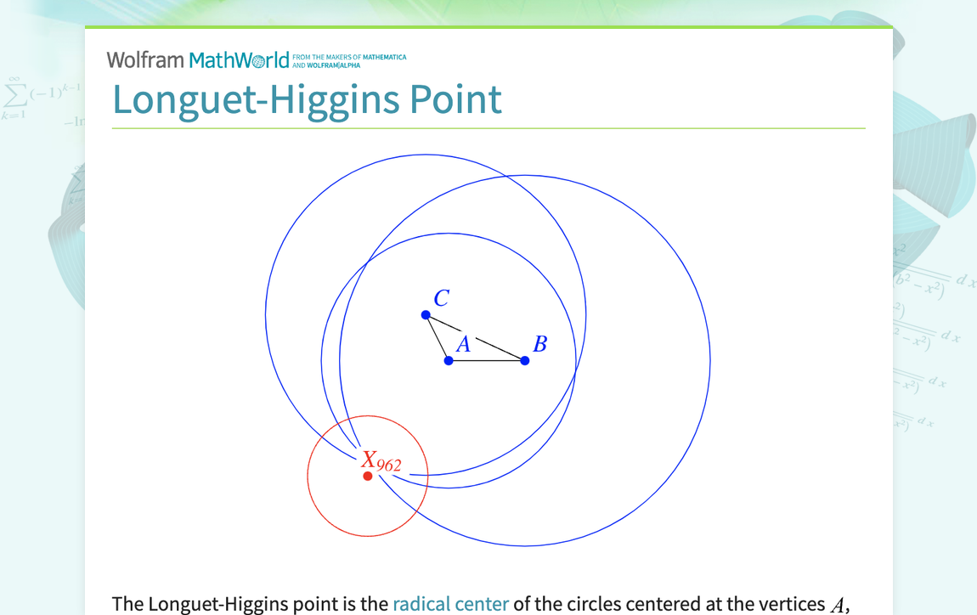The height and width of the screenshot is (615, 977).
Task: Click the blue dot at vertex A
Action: point(449,361)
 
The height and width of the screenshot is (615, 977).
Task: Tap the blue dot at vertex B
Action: point(525,361)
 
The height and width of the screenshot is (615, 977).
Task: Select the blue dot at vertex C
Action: point(426,315)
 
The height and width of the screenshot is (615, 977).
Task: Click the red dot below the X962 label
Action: point(368,476)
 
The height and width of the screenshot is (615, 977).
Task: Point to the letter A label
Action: point(463,344)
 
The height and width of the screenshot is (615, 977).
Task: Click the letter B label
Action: point(539,344)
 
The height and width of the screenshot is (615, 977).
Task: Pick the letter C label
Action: point(441,298)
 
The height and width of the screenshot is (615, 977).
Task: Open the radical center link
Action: point(450,604)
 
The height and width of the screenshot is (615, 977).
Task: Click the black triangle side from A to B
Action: point(487,361)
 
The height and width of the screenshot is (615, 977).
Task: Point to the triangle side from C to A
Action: point(437,337)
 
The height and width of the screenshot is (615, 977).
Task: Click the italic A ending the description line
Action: point(837,604)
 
